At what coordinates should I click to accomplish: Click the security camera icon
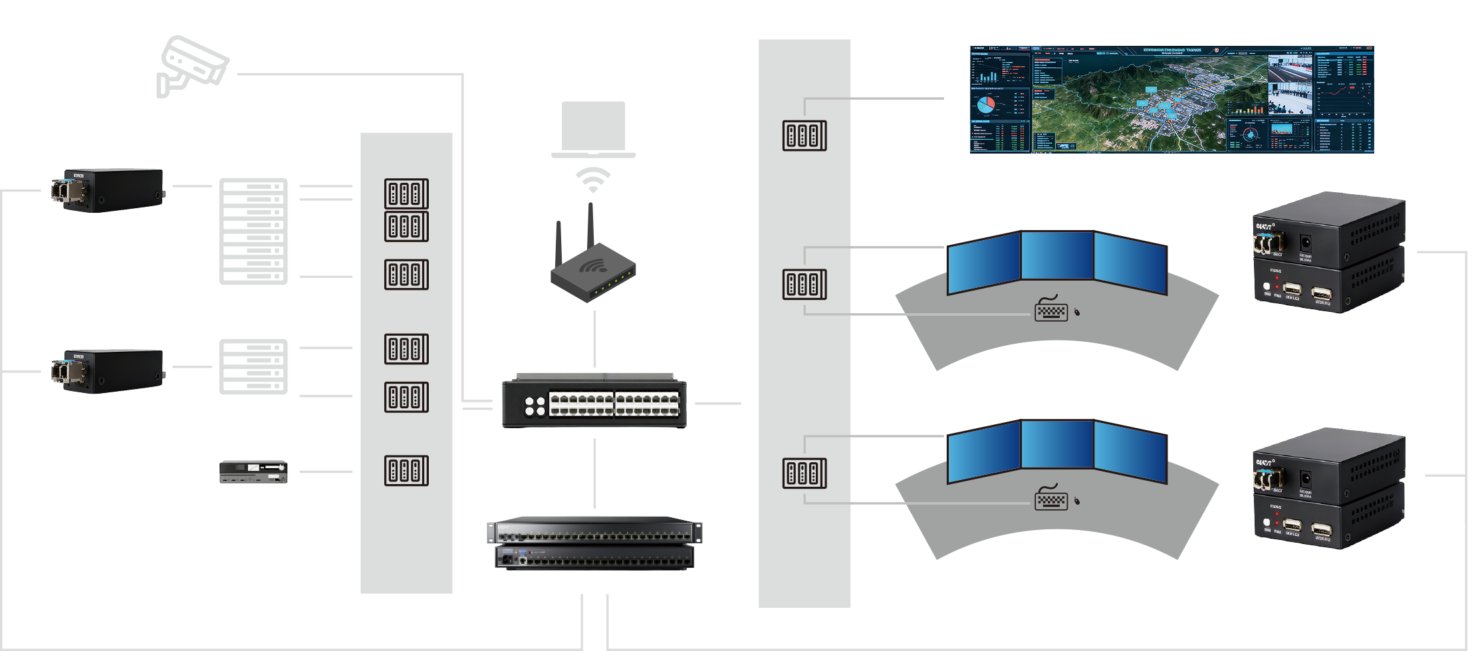pyautogui.click(x=191, y=66)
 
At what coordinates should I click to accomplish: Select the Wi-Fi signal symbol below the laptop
pyautogui.click(x=592, y=180)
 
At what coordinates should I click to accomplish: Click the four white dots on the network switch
pyautogui.click(x=535, y=406)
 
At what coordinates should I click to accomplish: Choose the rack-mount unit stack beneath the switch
pyautogui.click(x=594, y=543)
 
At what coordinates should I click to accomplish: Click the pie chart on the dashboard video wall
pyautogui.click(x=985, y=104)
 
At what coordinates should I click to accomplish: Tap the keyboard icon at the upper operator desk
pyautogui.click(x=1051, y=311)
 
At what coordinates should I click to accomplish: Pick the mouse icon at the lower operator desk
pyautogui.click(x=1077, y=500)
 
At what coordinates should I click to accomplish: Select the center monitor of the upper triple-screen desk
pyautogui.click(x=1057, y=255)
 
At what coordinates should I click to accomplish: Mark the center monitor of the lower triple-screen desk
pyautogui.click(x=1057, y=444)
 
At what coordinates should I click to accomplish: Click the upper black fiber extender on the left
pyautogui.click(x=108, y=190)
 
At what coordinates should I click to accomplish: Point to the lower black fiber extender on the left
pyautogui.click(x=108, y=371)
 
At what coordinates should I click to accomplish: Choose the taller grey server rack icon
pyautogui.click(x=253, y=231)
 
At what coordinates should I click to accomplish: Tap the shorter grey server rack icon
pyautogui.click(x=253, y=366)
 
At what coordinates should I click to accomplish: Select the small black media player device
pyautogui.click(x=253, y=471)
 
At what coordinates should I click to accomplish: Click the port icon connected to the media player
pyautogui.click(x=406, y=471)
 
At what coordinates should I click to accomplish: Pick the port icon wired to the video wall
pyautogui.click(x=804, y=136)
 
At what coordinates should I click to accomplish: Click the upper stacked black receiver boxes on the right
pyautogui.click(x=1329, y=252)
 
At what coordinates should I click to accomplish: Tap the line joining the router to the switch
pyautogui.click(x=594, y=339)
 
